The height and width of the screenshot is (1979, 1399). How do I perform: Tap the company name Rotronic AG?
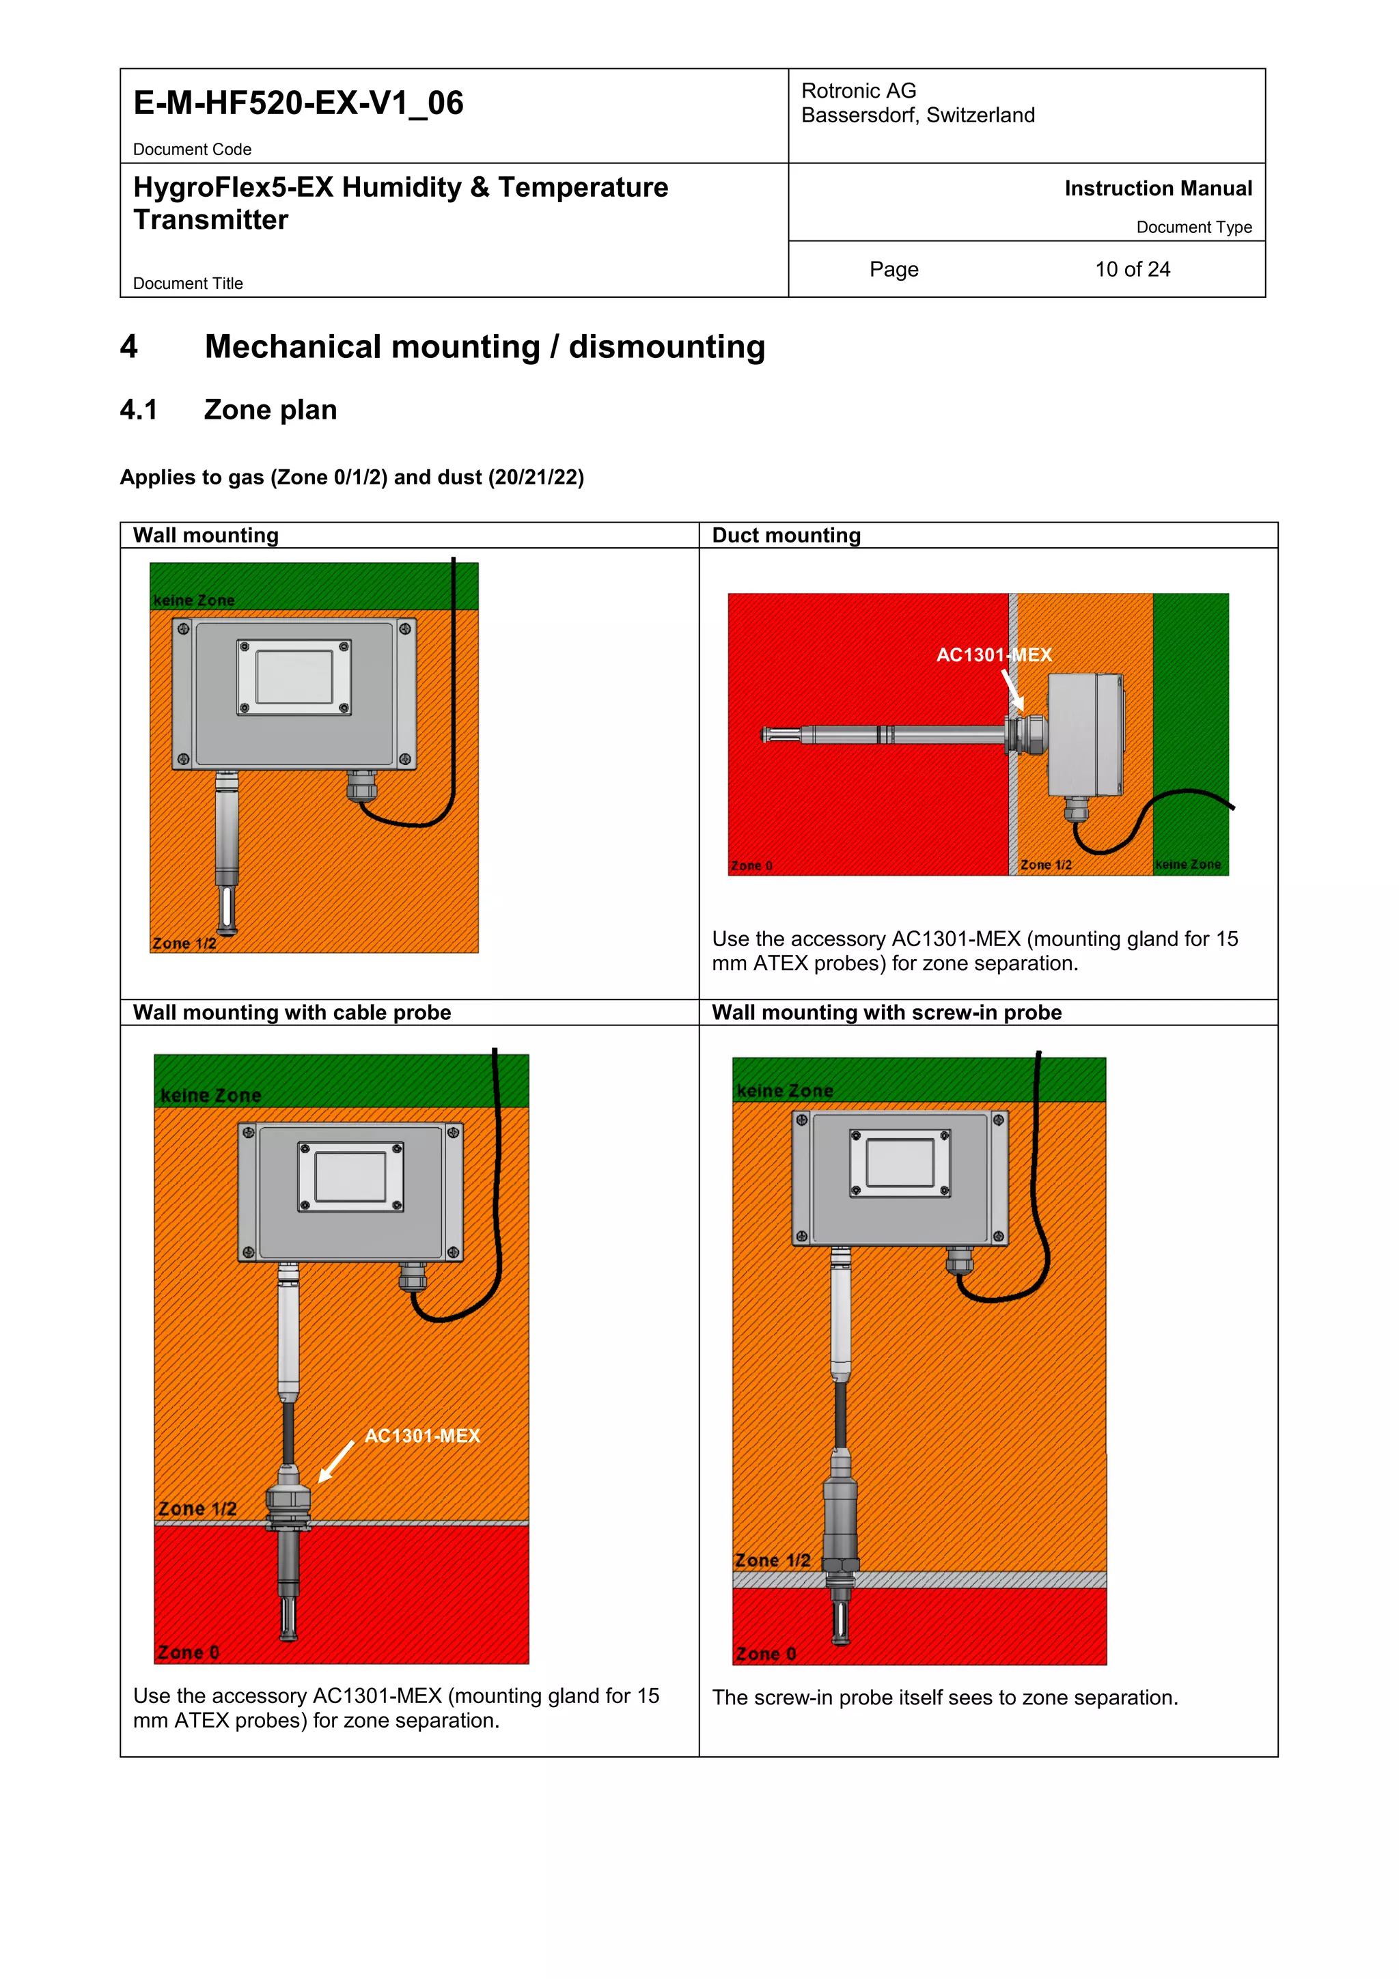(x=858, y=90)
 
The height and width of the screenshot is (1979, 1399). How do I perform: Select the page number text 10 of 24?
(x=1132, y=269)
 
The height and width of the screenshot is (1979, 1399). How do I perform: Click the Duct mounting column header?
(x=786, y=536)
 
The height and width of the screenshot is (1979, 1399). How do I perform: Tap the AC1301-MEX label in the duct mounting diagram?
(x=993, y=655)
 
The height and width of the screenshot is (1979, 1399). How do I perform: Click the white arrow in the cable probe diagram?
(x=335, y=1463)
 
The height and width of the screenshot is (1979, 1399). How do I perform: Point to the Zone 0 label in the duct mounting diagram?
(x=751, y=866)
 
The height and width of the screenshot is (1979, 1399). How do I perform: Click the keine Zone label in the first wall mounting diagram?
(x=194, y=600)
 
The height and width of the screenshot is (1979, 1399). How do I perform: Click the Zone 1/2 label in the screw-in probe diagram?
(x=773, y=1560)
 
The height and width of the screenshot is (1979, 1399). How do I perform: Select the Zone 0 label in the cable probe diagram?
(x=189, y=1652)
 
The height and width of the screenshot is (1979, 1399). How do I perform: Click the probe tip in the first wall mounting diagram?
(x=227, y=909)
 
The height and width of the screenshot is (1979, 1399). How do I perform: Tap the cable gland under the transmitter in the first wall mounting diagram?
(x=361, y=784)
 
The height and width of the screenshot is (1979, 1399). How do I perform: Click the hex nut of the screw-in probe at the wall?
(x=840, y=1564)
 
